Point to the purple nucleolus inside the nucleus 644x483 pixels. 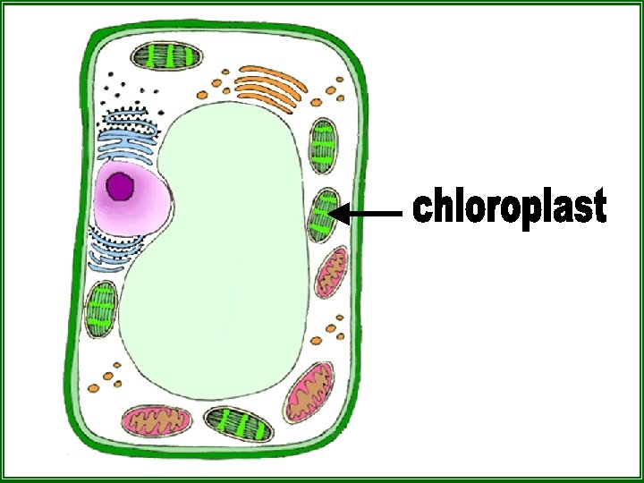click(119, 188)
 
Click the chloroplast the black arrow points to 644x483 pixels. click(323, 215)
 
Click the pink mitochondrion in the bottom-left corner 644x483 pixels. click(157, 419)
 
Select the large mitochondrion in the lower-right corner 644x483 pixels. click(310, 391)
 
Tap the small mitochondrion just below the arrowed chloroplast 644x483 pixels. click(331, 271)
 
